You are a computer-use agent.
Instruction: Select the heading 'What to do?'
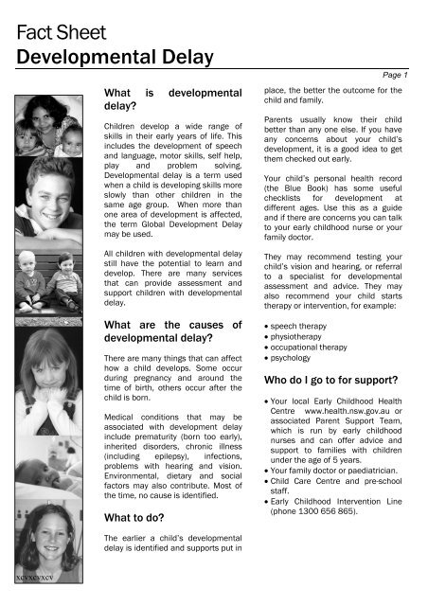pos(143,518)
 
